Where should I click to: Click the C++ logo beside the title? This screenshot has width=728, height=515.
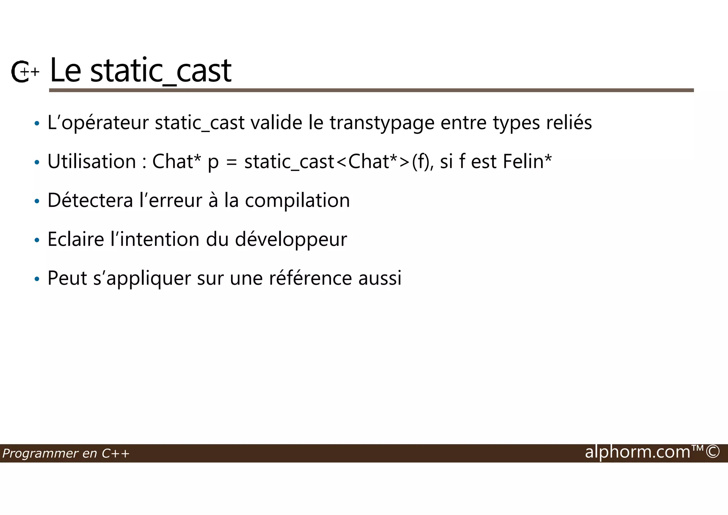click(x=24, y=72)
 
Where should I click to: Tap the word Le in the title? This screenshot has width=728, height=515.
click(x=65, y=70)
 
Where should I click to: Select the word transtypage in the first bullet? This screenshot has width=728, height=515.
click(x=382, y=124)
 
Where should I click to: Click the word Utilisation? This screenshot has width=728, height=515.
click(x=92, y=162)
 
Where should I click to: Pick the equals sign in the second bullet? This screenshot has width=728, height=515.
click(x=231, y=162)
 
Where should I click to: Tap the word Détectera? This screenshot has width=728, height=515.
click(x=90, y=200)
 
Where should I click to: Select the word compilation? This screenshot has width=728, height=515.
click(x=297, y=201)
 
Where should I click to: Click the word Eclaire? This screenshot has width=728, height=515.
click(x=75, y=239)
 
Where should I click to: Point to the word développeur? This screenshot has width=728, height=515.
click(x=291, y=240)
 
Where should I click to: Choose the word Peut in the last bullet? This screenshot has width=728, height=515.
click(x=67, y=278)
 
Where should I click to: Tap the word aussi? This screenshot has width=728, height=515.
click(x=380, y=278)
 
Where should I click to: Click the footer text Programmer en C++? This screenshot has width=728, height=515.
click(x=66, y=453)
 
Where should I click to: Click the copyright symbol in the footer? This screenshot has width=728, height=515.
click(x=713, y=452)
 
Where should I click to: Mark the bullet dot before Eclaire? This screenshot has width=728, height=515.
click(x=37, y=241)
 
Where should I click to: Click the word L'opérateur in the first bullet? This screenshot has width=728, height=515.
click(x=98, y=124)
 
